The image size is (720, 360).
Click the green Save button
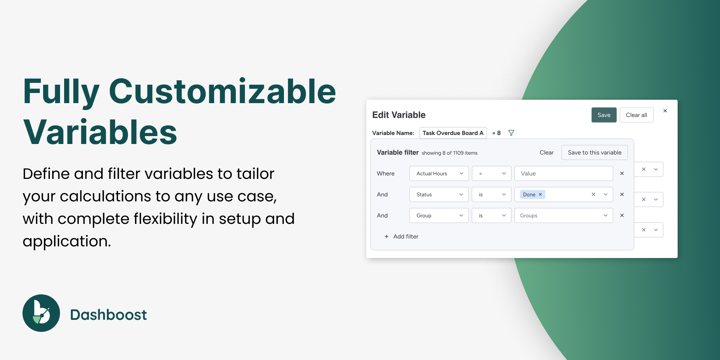604,115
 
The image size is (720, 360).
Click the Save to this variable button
594,153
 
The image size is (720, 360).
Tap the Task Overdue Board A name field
453,133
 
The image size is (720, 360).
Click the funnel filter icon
511,133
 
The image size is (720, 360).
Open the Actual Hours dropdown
439,174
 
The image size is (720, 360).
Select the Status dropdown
439,195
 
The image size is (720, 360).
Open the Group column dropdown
439,216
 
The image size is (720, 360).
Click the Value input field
564,174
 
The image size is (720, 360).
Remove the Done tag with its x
540,195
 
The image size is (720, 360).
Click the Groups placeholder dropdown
564,216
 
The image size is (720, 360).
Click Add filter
401,237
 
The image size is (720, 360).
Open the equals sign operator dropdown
492,174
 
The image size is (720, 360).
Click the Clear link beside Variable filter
546,153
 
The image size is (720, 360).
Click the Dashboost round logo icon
41,313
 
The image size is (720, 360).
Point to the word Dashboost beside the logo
108,315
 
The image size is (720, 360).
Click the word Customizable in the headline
222,91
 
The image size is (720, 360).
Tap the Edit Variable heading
399,115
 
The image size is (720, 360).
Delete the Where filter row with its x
622,174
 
